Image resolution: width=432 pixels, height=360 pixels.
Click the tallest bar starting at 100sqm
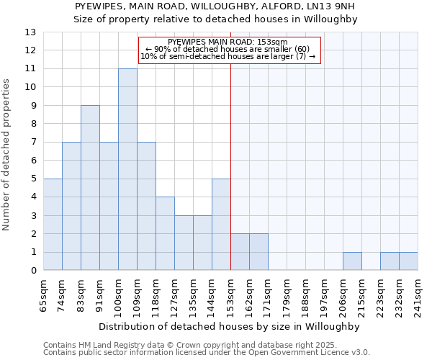pyautogui.click(x=127, y=169)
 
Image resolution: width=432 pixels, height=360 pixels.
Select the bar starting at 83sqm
pyautogui.click(x=90, y=188)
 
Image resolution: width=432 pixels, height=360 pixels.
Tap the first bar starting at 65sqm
pyautogui.click(x=53, y=225)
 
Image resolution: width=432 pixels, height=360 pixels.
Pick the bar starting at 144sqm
pyautogui.click(x=221, y=225)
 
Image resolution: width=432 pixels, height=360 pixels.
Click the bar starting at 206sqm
pyautogui.click(x=352, y=261)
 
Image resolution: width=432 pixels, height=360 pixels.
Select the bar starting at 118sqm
pyautogui.click(x=165, y=234)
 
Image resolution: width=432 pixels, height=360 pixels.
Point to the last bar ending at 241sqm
pyautogui.click(x=408, y=261)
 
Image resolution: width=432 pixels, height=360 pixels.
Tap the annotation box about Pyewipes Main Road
pyautogui.click(x=228, y=50)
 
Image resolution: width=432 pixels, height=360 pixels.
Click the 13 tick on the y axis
pyautogui.click(x=30, y=32)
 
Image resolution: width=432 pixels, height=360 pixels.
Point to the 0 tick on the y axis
pyautogui.click(x=33, y=271)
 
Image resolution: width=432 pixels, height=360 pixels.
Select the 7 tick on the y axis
pyautogui.click(x=33, y=143)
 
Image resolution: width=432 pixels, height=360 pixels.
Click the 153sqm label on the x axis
pyautogui.click(x=230, y=293)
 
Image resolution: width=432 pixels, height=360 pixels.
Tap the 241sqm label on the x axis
pyautogui.click(x=418, y=293)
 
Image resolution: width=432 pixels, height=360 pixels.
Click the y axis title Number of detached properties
pyautogui.click(x=7, y=155)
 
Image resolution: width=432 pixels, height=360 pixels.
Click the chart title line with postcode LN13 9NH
pyautogui.click(x=215, y=6)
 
